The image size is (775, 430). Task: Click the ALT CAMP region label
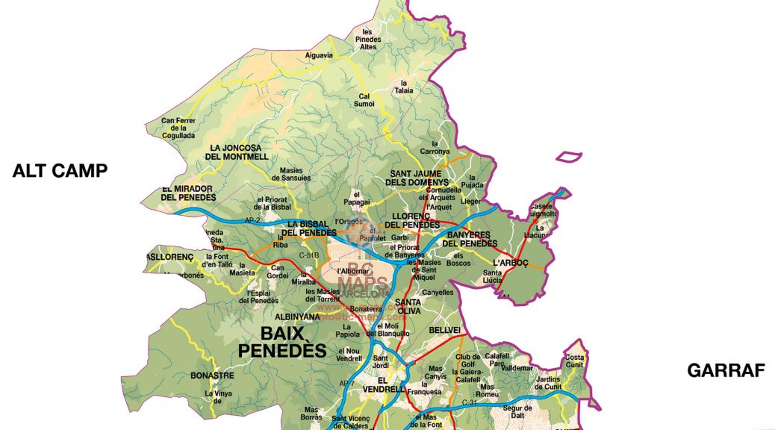click(60, 171)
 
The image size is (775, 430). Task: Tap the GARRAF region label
click(726, 370)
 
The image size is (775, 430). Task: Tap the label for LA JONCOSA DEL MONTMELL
click(238, 152)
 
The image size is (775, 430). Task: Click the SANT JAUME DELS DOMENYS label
click(419, 178)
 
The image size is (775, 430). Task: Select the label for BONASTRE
click(212, 376)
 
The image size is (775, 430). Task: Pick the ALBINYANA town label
click(296, 317)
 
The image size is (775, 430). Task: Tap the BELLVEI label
click(444, 329)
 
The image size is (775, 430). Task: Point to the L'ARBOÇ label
click(511, 263)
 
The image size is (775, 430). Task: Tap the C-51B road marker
click(308, 255)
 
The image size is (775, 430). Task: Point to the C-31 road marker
click(470, 403)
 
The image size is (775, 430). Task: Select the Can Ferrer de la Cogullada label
click(178, 128)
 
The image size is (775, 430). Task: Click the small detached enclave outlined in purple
click(569, 156)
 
